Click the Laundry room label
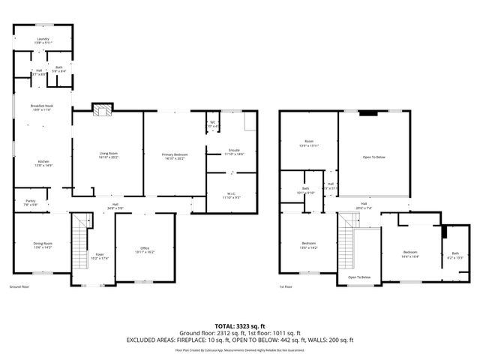point(43,41)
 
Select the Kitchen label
point(43,163)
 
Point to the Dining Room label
point(43,244)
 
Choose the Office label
point(145,250)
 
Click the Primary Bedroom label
point(173,156)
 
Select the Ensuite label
point(234,152)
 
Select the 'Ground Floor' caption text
point(19,287)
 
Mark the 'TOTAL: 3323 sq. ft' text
point(239,325)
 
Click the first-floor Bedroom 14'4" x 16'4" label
point(409,253)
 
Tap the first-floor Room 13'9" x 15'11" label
point(308,142)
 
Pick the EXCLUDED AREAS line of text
point(239,340)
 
